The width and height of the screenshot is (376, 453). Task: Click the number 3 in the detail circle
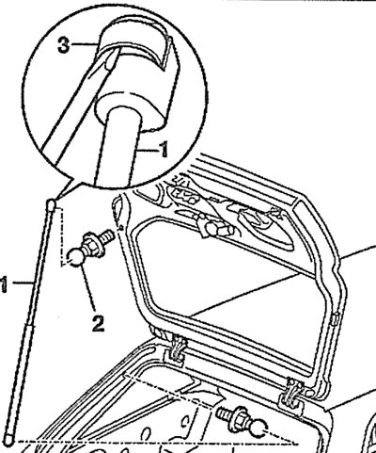(64, 45)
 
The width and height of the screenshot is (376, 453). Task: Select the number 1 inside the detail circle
(164, 150)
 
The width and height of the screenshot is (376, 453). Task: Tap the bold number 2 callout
(98, 323)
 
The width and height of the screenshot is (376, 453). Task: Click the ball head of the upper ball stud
(75, 256)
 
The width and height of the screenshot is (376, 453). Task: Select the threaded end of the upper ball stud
(107, 236)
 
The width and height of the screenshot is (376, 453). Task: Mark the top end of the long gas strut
(52, 203)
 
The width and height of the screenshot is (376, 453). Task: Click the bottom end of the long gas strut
(9, 443)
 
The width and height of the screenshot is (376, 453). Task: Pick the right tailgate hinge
(293, 395)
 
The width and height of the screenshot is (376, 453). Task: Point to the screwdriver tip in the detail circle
(110, 62)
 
